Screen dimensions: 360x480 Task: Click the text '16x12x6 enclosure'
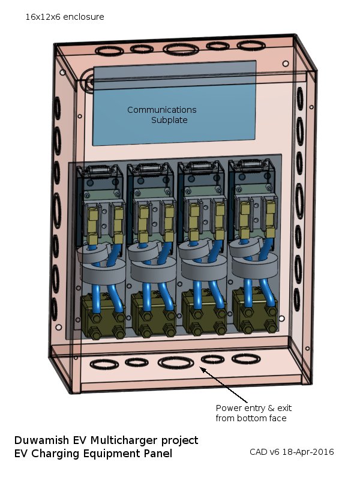[64, 17]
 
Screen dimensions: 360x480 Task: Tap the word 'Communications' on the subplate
[161, 110]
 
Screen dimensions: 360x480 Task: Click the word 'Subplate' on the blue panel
[169, 120]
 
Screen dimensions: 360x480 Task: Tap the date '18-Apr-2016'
[308, 452]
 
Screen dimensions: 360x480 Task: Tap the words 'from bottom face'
[251, 418]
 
